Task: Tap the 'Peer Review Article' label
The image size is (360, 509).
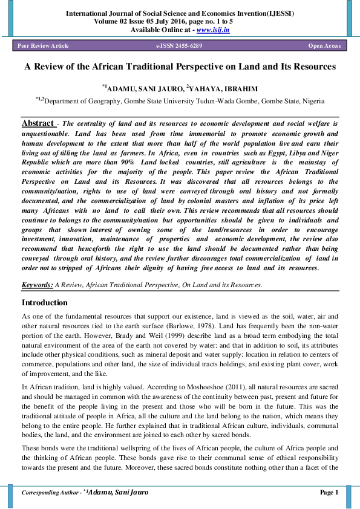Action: coord(43,46)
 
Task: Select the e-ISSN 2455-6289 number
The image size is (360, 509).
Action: coord(179,46)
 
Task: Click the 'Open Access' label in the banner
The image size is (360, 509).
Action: coord(324,46)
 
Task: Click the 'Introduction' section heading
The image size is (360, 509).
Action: coord(45,302)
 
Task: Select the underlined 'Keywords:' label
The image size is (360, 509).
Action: coord(37,284)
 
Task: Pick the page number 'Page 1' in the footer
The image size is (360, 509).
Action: coord(329,493)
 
